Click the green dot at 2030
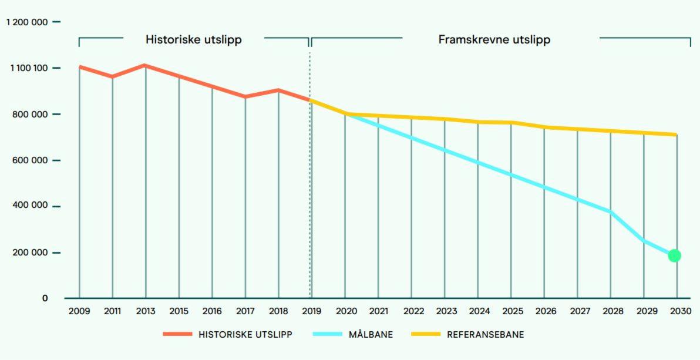pos(674,255)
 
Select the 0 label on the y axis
pos(45,298)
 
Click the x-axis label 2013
pos(146,311)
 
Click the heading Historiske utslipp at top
pos(194,40)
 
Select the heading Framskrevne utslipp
pos(494,40)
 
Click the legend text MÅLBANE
pos(371,335)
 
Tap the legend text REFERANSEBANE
pos(485,335)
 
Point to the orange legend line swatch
pos(177,334)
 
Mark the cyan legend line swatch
pos(328,334)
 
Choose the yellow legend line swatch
pos(426,334)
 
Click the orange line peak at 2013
pos(146,65)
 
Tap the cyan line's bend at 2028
pos(611,212)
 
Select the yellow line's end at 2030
pos(677,134)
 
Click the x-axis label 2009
pos(79,311)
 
